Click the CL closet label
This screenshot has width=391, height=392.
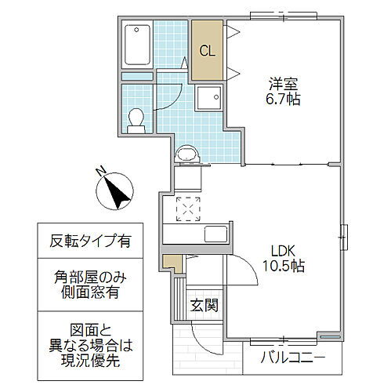point(208,53)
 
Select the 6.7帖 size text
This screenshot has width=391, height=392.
point(284,100)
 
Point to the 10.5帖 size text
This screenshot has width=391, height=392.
point(284,267)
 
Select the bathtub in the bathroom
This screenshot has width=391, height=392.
point(139,46)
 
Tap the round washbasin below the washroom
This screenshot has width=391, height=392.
point(187,154)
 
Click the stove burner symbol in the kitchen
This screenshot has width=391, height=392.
point(188,209)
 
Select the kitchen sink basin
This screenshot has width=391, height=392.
point(215,234)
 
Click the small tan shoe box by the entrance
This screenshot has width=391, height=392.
point(173,263)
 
